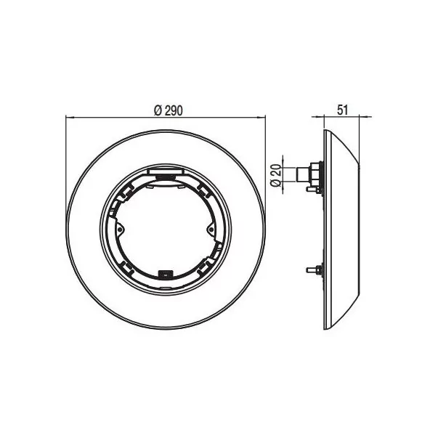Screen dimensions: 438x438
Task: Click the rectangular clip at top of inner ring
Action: (x=166, y=171)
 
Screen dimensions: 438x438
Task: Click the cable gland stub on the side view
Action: (x=298, y=174)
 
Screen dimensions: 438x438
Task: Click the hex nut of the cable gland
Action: (x=313, y=175)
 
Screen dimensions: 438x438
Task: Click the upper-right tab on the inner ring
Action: (x=203, y=187)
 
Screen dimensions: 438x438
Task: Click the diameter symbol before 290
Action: (x=157, y=110)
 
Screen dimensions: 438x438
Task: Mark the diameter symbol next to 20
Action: (x=277, y=184)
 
